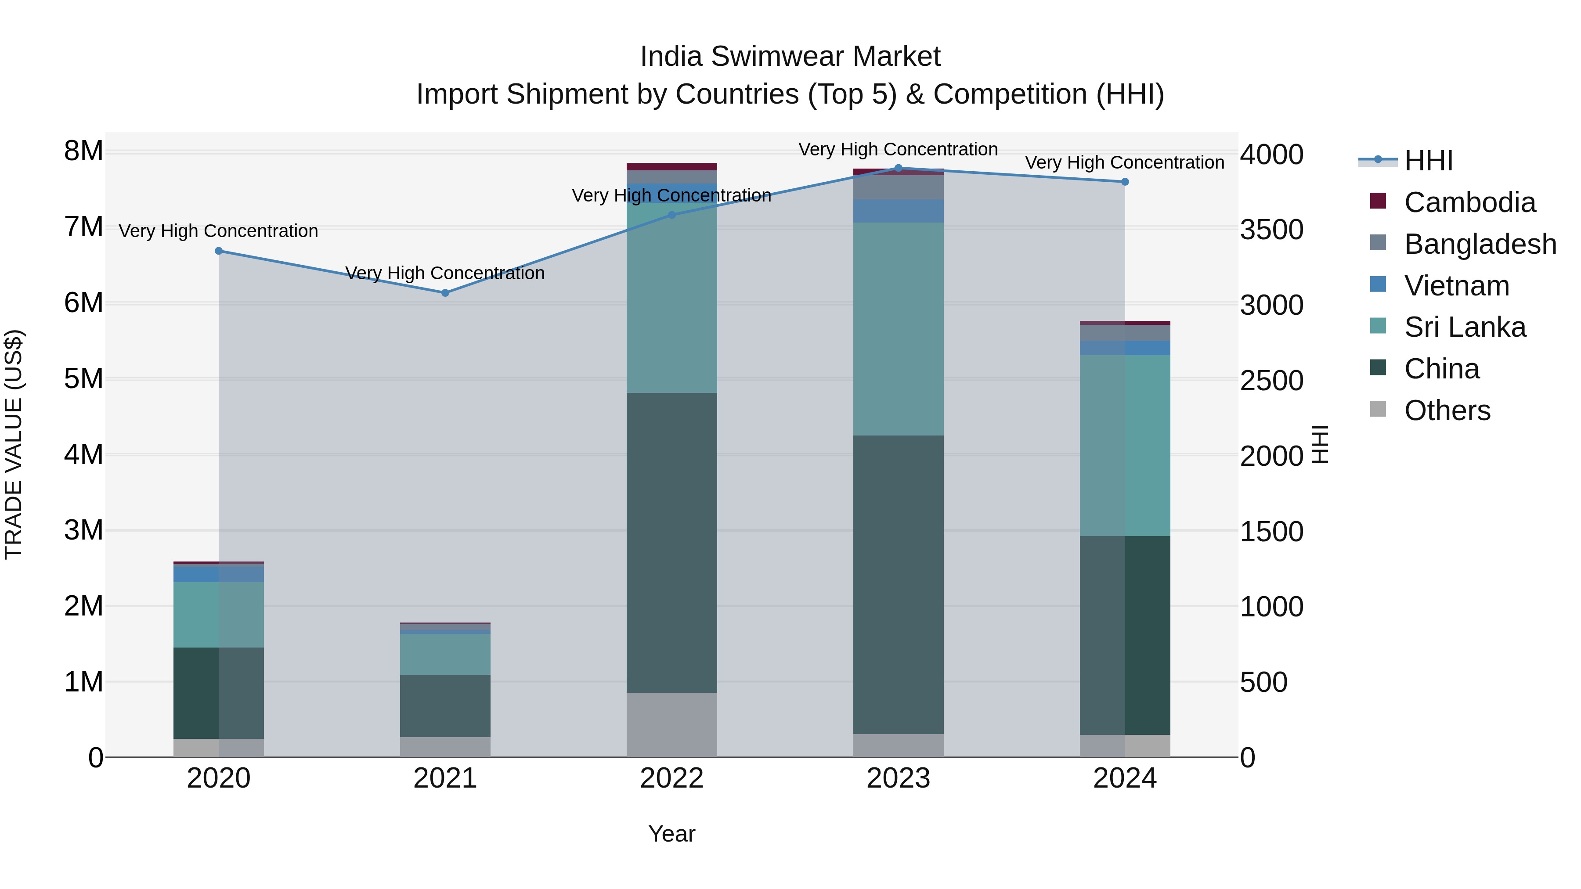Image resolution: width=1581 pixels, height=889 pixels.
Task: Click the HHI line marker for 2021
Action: [x=445, y=293]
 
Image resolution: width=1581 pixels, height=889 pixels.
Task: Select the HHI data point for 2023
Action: [x=898, y=168]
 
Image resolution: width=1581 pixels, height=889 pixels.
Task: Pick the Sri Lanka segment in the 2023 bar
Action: [x=898, y=329]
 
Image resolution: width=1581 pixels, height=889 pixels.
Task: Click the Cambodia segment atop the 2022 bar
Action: [x=671, y=166]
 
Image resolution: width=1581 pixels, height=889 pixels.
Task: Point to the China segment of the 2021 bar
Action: [x=445, y=705]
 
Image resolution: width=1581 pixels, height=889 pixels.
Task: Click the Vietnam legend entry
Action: [x=1456, y=286]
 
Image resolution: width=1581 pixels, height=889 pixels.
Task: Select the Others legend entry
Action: [x=1447, y=410]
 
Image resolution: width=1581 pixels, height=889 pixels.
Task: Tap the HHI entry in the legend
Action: [x=1428, y=161]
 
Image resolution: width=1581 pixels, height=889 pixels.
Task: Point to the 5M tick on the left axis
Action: [x=83, y=378]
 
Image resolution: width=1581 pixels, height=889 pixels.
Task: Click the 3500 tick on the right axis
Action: [x=1271, y=230]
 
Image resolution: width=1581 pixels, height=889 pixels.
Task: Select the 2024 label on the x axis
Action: [x=1124, y=778]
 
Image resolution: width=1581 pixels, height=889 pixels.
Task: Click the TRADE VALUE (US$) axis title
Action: [x=14, y=444]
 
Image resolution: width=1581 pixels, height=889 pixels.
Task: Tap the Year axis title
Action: [x=671, y=834]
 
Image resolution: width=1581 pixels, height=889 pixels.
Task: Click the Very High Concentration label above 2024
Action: [x=1124, y=162]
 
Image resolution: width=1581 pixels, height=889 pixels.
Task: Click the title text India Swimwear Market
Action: [x=790, y=57]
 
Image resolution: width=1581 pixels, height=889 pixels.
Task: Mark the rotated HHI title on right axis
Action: [x=1320, y=444]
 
